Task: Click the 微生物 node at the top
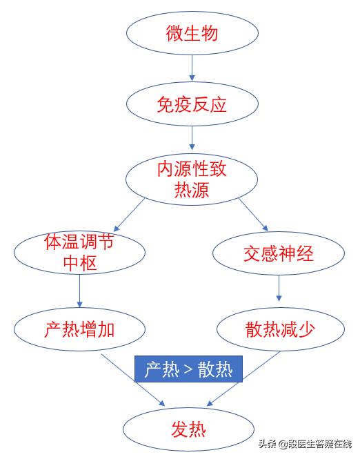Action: click(193, 32)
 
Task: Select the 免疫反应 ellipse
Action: click(192, 105)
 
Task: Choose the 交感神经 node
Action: click(278, 253)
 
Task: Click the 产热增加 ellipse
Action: click(80, 329)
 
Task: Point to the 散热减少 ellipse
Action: click(279, 329)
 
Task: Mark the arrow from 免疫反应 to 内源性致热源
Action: click(192, 142)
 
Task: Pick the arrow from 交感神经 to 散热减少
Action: click(279, 289)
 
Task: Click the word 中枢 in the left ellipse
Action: click(80, 264)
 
